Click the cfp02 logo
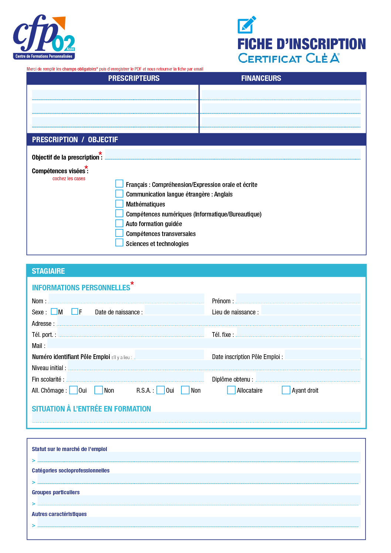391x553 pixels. (44, 37)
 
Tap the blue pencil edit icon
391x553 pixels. (246, 25)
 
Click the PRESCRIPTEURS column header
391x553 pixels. (134, 78)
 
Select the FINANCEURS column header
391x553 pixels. (261, 78)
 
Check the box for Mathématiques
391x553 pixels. (119, 204)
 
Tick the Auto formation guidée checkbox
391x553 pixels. (119, 223)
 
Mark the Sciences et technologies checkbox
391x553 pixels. (119, 243)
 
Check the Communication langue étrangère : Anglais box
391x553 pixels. (119, 194)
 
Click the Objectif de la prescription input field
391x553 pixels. (232, 154)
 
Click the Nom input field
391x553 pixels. (126, 298)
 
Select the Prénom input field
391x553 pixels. (298, 298)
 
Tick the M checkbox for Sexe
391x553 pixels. (54, 311)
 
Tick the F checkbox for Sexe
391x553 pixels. (75, 311)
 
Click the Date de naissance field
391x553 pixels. (174, 310)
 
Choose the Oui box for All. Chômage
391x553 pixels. (74, 390)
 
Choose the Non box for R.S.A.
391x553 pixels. (185, 390)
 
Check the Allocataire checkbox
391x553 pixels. (231, 390)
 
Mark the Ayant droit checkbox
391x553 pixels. (286, 390)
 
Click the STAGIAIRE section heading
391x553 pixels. (48, 271)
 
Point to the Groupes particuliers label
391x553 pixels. (56, 492)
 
